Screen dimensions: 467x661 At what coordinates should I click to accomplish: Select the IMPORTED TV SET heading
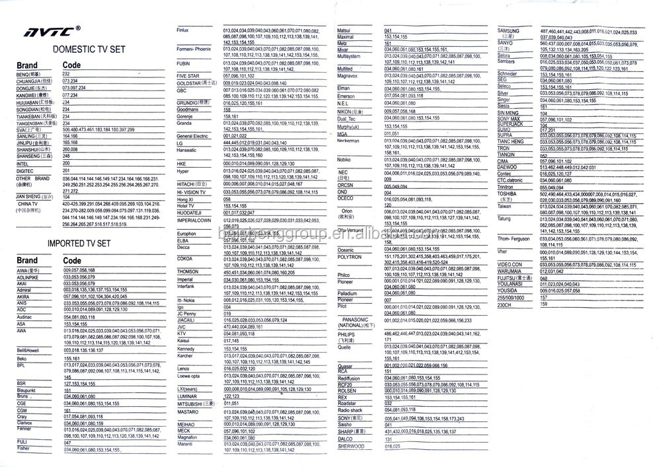79,243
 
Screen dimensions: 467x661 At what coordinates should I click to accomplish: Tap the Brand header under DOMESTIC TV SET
27,65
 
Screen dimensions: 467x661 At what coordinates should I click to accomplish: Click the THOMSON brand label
188,271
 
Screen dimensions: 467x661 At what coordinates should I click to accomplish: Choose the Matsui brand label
345,31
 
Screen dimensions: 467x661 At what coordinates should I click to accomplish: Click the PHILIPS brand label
347,335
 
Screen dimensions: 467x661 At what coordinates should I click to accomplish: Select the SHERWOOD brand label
350,447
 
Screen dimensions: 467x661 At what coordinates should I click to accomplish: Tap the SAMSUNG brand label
508,31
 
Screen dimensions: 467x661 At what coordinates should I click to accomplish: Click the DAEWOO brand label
507,168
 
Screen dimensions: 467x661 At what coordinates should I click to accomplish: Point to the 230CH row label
504,304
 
